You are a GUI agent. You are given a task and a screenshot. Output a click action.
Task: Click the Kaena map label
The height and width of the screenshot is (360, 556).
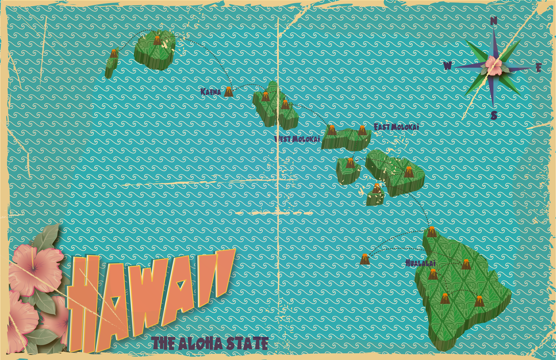coord(211,92)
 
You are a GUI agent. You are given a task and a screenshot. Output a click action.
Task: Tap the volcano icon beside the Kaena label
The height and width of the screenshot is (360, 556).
coord(229,91)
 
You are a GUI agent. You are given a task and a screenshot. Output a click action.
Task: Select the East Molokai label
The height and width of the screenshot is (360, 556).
coord(396,127)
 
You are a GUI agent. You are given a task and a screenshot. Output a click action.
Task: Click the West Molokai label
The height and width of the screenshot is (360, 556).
coord(297,139)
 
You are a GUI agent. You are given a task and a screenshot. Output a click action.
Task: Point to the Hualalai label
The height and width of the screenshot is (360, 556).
coord(420,263)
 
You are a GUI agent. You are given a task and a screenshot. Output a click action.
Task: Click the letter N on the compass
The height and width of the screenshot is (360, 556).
coord(493,21)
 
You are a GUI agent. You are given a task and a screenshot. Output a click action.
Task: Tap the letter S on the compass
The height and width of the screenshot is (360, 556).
coord(494,116)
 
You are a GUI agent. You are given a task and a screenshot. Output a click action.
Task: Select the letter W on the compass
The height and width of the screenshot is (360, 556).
coord(448,66)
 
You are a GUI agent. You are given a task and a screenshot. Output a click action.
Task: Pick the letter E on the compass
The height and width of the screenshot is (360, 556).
coord(539,67)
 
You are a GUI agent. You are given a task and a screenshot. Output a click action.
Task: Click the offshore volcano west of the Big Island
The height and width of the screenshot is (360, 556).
coord(365,259)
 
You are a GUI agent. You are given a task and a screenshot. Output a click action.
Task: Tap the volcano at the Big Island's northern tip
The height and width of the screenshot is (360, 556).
coord(431,232)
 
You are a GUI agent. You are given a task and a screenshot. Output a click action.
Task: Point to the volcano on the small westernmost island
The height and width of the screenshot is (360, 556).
coord(114,53)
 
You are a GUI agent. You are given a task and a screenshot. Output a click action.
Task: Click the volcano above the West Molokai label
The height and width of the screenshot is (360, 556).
coord(331,130)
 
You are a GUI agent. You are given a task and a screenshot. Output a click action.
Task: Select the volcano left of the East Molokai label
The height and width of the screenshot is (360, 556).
coord(362,130)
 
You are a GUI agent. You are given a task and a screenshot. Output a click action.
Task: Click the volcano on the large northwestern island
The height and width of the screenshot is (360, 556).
coord(157,40)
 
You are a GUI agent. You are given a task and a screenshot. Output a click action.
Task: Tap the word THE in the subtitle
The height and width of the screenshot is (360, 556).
coord(163,344)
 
